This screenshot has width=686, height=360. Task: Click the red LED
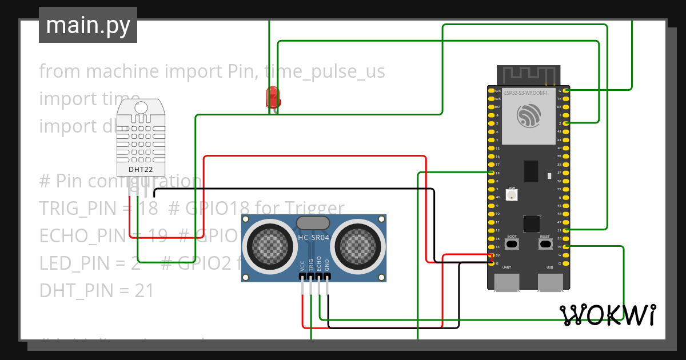pyautogui.click(x=273, y=96)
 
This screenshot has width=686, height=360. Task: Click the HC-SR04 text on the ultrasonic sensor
pyautogui.click(x=313, y=237)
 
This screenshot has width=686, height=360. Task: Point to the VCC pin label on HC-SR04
pyautogui.click(x=302, y=266)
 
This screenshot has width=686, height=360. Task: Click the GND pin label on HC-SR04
pyautogui.click(x=327, y=266)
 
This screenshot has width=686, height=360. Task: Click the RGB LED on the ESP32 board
pyautogui.click(x=512, y=195)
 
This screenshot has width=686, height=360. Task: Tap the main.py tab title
pyautogui.click(x=87, y=25)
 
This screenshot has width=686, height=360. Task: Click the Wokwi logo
pyautogui.click(x=608, y=315)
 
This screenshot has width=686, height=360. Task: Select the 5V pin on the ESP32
pyautogui.click(x=492, y=255)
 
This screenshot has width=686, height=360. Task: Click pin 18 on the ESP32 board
pyautogui.click(x=492, y=173)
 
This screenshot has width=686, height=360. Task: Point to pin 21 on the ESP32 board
pyautogui.click(x=565, y=230)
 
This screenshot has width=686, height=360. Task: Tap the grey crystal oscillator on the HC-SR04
pyautogui.click(x=313, y=223)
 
